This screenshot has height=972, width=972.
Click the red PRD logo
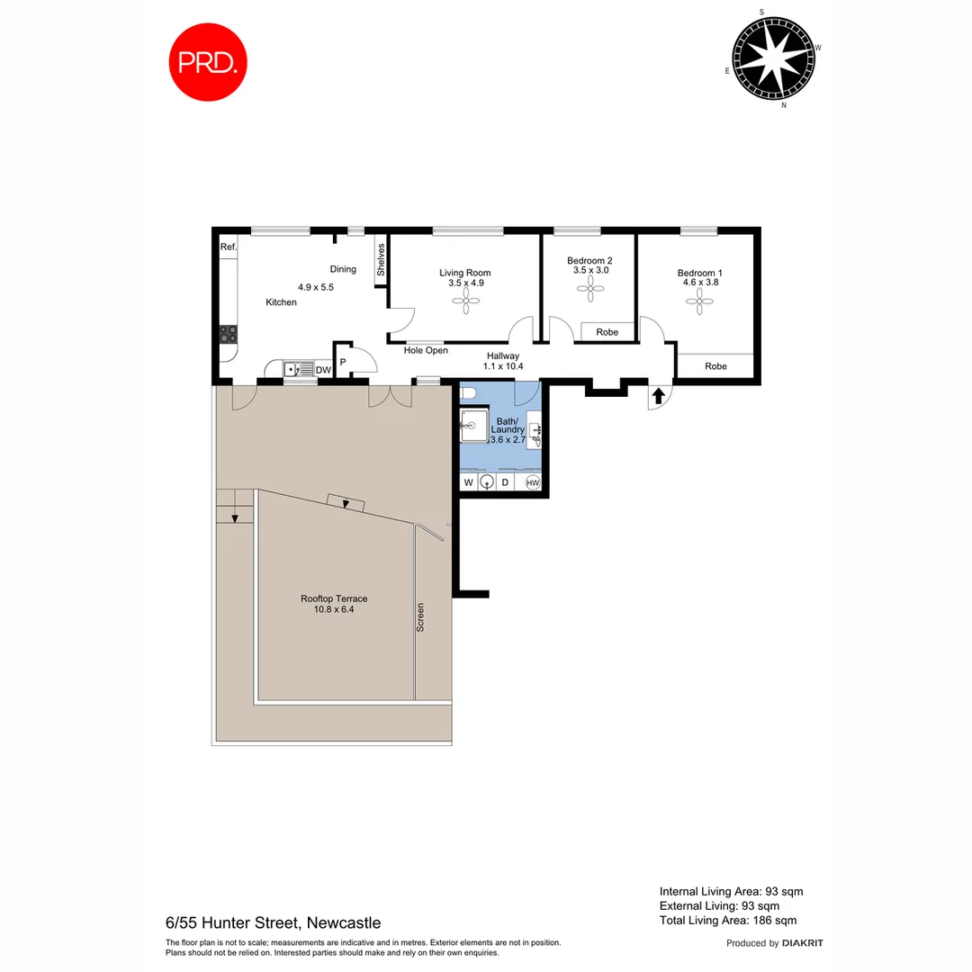tap(208, 62)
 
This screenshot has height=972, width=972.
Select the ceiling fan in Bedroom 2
tap(589, 289)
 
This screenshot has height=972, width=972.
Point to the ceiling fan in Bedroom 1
tap(699, 302)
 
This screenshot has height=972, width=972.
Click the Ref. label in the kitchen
tap(228, 247)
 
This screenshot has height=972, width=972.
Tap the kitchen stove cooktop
tap(229, 335)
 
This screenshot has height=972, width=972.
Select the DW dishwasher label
tap(324, 369)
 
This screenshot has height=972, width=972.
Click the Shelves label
tap(381, 260)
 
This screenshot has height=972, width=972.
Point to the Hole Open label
tap(426, 350)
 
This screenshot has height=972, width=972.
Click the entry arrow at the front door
tap(658, 394)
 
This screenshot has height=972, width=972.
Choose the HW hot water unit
tap(532, 483)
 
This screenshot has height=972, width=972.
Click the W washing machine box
tap(468, 483)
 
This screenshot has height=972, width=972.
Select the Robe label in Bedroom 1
tap(715, 366)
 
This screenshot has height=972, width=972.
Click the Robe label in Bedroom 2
tap(607, 332)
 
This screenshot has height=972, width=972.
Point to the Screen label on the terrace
tap(420, 616)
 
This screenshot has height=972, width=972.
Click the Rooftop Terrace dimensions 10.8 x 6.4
tap(333, 610)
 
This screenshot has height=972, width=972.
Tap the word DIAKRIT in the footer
tap(803, 943)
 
